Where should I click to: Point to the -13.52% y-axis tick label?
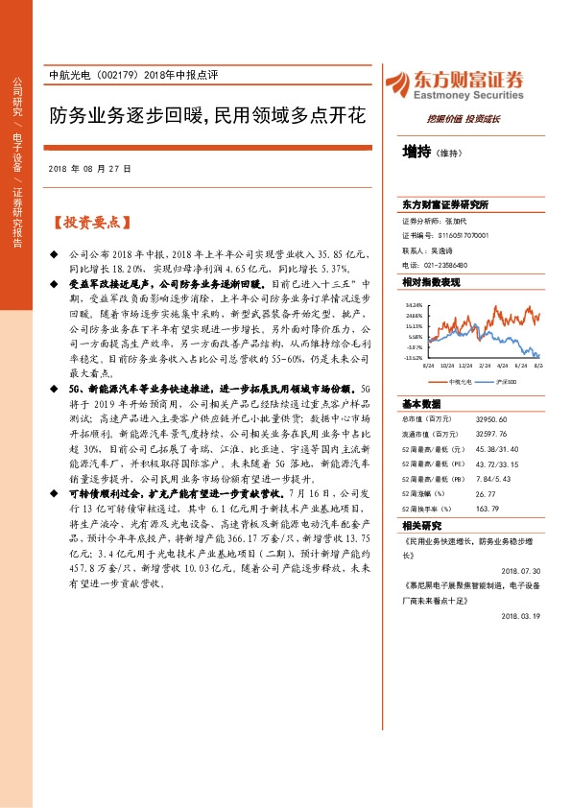click(x=414, y=359)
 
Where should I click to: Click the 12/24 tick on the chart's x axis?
click(x=465, y=366)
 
